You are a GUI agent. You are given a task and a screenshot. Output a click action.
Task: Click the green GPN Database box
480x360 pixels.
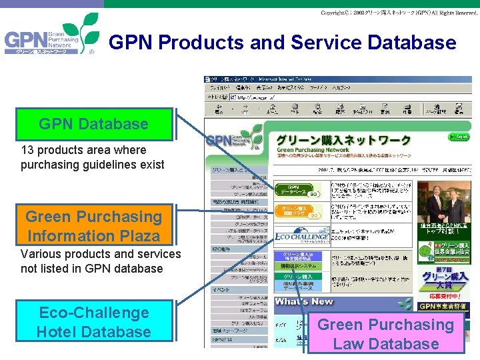pyautogui.click(x=93, y=124)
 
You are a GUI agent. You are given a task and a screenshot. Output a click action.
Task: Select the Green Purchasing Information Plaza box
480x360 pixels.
pyautogui.click(x=93, y=226)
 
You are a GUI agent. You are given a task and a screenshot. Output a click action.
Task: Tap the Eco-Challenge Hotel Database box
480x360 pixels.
pyautogui.click(x=93, y=322)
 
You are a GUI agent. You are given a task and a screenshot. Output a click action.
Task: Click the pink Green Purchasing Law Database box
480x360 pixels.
pyautogui.click(x=386, y=334)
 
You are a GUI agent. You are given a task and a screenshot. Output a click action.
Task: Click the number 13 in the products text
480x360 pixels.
pyautogui.click(x=27, y=150)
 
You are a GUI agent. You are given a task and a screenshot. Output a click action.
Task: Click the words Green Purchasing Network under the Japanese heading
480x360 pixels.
pyautogui.click(x=313, y=151)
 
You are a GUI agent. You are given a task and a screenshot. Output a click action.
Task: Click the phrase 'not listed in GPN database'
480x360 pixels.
pyautogui.click(x=91, y=269)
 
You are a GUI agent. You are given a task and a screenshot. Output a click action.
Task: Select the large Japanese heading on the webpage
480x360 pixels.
pyautogui.click(x=343, y=140)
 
